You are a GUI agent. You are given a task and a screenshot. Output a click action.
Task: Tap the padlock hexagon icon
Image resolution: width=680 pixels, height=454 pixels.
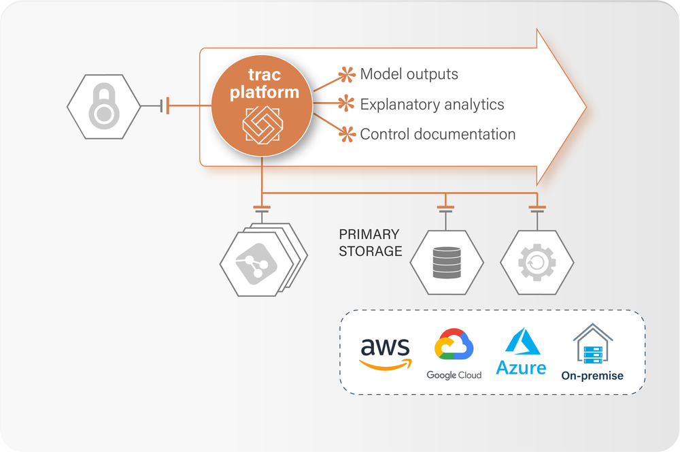tap(103, 106)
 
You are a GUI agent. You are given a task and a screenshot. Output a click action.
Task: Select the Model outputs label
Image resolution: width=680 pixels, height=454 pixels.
tap(409, 74)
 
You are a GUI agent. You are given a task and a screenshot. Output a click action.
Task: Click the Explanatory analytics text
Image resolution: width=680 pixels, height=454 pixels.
tap(432, 104)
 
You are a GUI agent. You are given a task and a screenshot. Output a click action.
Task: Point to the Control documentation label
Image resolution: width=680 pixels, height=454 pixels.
tap(437, 134)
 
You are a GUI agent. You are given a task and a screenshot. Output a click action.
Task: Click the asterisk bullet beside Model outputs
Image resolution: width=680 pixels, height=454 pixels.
tap(347, 74)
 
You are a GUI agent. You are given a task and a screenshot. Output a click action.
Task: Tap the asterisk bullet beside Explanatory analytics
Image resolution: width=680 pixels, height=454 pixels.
tap(347, 104)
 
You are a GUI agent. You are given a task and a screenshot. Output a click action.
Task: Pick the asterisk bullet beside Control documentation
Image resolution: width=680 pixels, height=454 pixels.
tap(347, 133)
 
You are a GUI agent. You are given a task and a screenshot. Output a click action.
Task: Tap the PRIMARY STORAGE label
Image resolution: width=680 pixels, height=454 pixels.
tap(370, 242)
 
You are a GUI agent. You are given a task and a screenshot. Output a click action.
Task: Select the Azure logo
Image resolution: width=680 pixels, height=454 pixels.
tap(521, 353)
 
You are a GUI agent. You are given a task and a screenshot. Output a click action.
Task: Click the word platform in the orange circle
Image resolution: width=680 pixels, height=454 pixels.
tap(264, 93)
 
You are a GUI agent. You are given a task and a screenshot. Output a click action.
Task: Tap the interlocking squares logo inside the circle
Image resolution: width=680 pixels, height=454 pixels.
tap(262, 124)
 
